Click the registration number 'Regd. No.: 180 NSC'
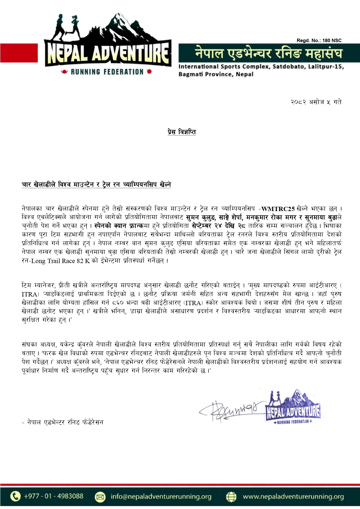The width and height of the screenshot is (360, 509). (x=319, y=40)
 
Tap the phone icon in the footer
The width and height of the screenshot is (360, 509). (x=15, y=496)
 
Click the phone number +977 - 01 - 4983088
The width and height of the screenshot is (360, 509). (x=53, y=496)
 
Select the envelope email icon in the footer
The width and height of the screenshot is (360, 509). (x=100, y=497)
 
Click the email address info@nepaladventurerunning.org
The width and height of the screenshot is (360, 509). (x=161, y=497)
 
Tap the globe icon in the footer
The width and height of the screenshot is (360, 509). (x=231, y=497)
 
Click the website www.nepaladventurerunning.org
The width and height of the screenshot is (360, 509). (x=293, y=497)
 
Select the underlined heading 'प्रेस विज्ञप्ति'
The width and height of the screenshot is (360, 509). (x=182, y=132)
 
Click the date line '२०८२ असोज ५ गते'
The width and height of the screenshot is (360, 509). (x=316, y=102)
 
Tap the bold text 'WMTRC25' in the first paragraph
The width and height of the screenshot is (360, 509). (x=278, y=209)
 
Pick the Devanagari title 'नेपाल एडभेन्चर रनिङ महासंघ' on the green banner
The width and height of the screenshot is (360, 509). (x=268, y=53)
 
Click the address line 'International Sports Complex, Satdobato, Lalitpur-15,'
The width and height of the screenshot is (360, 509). (x=261, y=66)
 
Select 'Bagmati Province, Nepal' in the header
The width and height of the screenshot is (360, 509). (x=216, y=74)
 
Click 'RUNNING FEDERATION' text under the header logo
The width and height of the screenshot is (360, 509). (x=107, y=72)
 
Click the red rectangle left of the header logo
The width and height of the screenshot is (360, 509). (x=19, y=53)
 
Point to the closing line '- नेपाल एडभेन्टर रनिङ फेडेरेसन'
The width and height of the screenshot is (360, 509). (x=62, y=422)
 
